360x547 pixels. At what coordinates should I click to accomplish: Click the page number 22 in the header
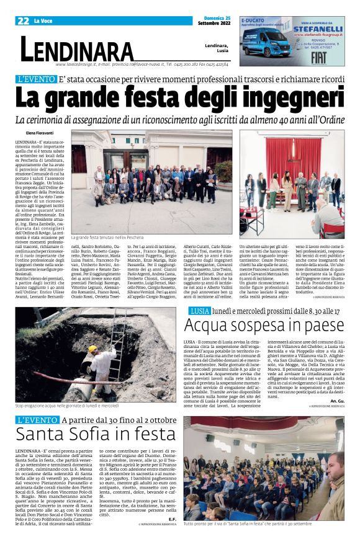(23, 20)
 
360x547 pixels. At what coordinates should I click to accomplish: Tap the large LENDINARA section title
(77, 49)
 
